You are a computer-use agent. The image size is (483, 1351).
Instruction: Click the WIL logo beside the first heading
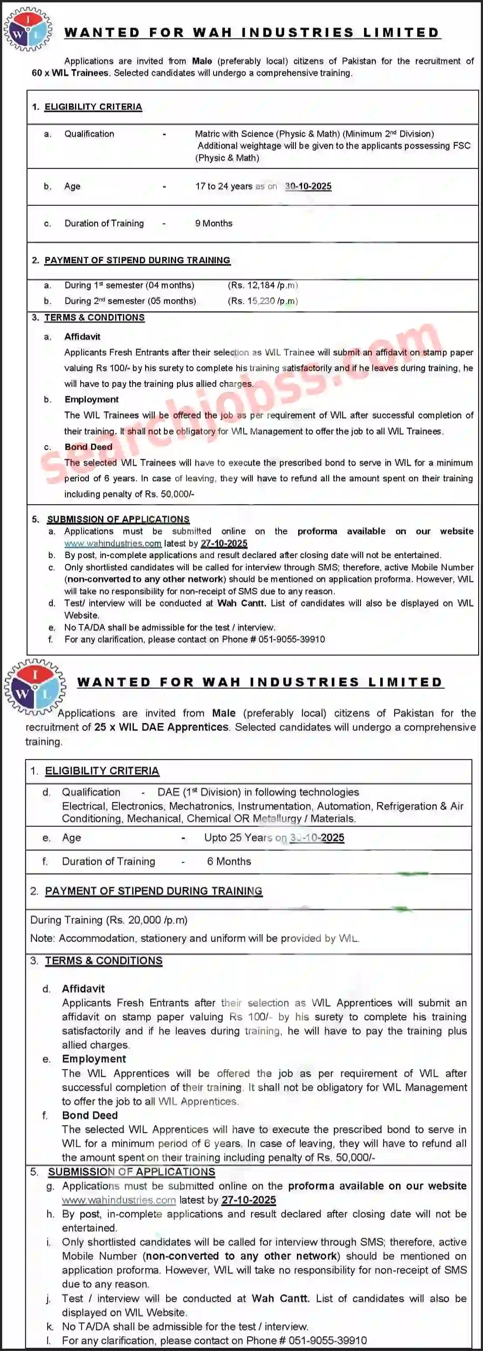[28, 29]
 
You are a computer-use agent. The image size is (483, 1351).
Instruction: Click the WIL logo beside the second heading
[34, 686]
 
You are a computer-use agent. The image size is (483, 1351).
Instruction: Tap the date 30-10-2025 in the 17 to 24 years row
[308, 186]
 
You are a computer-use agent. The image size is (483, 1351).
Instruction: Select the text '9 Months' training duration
[214, 223]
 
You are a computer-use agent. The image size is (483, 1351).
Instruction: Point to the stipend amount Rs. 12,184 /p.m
[263, 285]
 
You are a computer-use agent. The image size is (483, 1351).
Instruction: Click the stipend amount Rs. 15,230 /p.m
[263, 301]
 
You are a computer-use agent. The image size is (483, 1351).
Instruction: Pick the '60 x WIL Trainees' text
[71, 73]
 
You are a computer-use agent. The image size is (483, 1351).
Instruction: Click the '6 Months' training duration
[229, 861]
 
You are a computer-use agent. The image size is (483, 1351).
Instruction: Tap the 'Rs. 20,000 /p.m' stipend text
[147, 920]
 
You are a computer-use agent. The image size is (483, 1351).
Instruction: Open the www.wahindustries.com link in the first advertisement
[113, 543]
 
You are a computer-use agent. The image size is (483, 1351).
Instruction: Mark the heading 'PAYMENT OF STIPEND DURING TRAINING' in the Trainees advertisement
[137, 260]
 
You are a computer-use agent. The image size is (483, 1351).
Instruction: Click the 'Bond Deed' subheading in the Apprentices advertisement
[90, 1116]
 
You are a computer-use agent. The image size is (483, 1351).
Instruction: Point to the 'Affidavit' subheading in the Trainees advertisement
[82, 337]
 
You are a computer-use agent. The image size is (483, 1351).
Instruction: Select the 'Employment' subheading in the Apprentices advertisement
[94, 1059]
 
